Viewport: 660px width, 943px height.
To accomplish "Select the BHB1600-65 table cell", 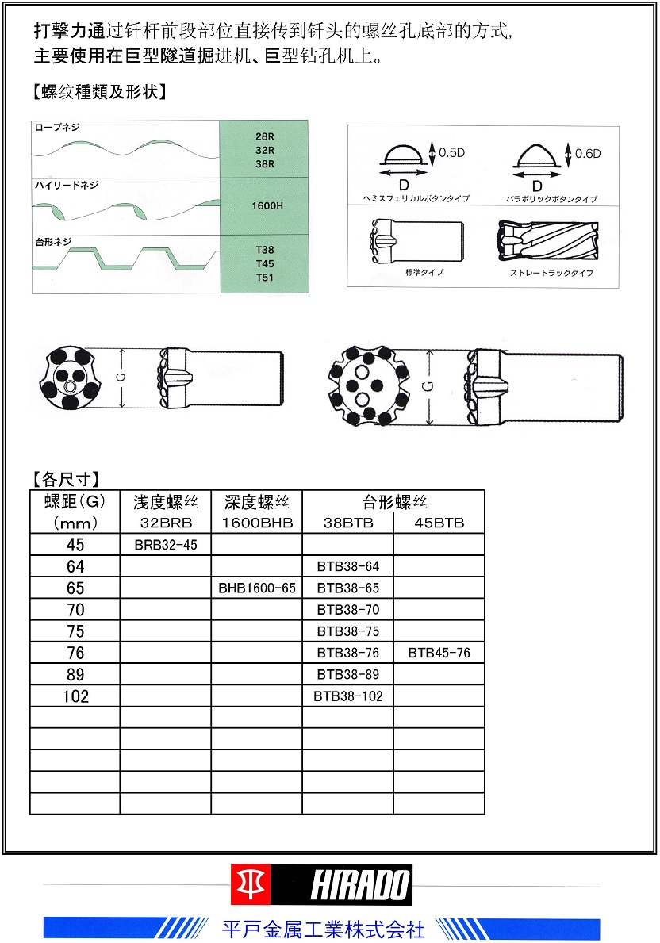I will pos(256,588).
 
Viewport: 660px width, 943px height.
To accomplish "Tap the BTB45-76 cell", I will pos(439,654).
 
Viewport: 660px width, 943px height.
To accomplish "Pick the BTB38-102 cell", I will pos(347,696).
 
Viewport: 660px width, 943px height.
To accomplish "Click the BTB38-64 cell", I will pos(347,567).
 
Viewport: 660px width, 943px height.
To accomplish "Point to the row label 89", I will pos(75,675).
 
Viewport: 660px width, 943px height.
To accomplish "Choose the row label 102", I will pos(75,696).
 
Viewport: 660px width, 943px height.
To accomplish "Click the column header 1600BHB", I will pos(256,523).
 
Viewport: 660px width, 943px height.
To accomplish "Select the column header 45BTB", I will pos(439,523).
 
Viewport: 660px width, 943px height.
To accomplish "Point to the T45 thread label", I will pos(264,263).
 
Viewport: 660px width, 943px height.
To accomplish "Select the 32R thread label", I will pos(264,150).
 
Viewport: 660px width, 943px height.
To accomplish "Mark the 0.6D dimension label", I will pos(588,153).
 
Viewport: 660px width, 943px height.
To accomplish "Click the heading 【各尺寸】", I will pos(66,479).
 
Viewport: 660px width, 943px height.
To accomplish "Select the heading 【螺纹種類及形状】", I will pos(99,91).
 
